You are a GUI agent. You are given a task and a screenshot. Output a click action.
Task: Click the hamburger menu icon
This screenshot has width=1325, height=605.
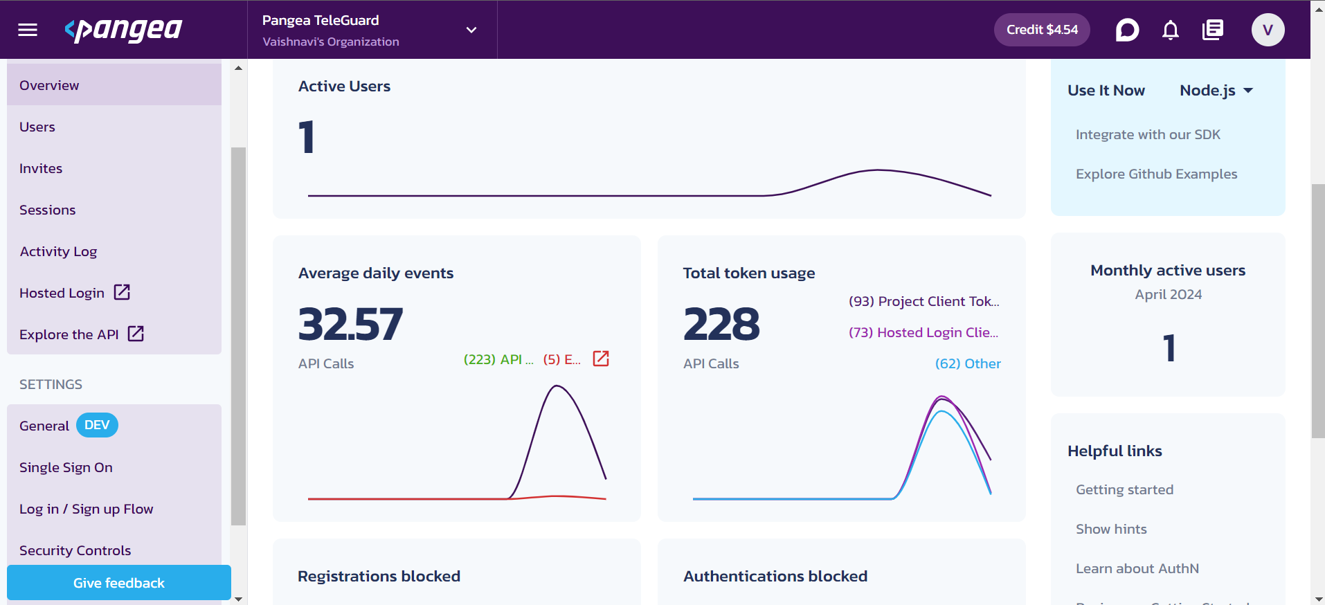pyautogui.click(x=28, y=30)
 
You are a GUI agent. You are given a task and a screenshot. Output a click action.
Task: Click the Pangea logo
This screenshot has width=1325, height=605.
pyautogui.click(x=123, y=30)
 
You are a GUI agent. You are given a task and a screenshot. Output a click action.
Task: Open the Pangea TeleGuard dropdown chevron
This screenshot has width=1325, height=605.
pyautogui.click(x=471, y=30)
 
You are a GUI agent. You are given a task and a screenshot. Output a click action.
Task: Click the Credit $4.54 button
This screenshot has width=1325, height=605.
pyautogui.click(x=1041, y=30)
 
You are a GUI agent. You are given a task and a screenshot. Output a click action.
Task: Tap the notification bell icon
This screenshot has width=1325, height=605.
pyautogui.click(x=1170, y=30)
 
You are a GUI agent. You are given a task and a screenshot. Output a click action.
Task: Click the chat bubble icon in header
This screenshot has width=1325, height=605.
pyautogui.click(x=1127, y=30)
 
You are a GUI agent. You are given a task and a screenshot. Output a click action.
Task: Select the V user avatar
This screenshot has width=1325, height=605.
pyautogui.click(x=1268, y=30)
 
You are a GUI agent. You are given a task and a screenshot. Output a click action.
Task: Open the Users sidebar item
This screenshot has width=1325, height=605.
pyautogui.click(x=37, y=127)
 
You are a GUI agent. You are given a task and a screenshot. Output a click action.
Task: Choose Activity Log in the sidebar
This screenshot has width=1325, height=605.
pyautogui.click(x=58, y=251)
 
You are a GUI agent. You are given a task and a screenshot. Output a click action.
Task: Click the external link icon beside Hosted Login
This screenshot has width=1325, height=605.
pyautogui.click(x=122, y=292)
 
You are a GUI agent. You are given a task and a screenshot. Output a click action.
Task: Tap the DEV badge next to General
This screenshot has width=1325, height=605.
pyautogui.click(x=97, y=425)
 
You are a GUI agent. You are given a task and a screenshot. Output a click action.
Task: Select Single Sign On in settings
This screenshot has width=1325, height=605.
pyautogui.click(x=66, y=467)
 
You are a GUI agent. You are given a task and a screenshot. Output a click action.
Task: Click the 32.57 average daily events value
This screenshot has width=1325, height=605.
pyautogui.click(x=350, y=324)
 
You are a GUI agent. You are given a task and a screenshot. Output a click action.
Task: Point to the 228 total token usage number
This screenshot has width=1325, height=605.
pyautogui.click(x=721, y=324)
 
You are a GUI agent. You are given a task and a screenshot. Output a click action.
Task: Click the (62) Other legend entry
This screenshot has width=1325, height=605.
pyautogui.click(x=968, y=363)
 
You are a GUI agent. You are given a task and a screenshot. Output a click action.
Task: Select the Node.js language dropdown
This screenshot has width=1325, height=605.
pyautogui.click(x=1216, y=91)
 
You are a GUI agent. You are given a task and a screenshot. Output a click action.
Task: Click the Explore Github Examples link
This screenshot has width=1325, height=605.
pyautogui.click(x=1156, y=174)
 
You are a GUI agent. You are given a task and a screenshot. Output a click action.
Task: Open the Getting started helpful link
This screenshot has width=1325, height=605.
pyautogui.click(x=1124, y=489)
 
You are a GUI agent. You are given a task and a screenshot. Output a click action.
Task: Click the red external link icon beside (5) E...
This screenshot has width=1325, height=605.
pyautogui.click(x=601, y=359)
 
